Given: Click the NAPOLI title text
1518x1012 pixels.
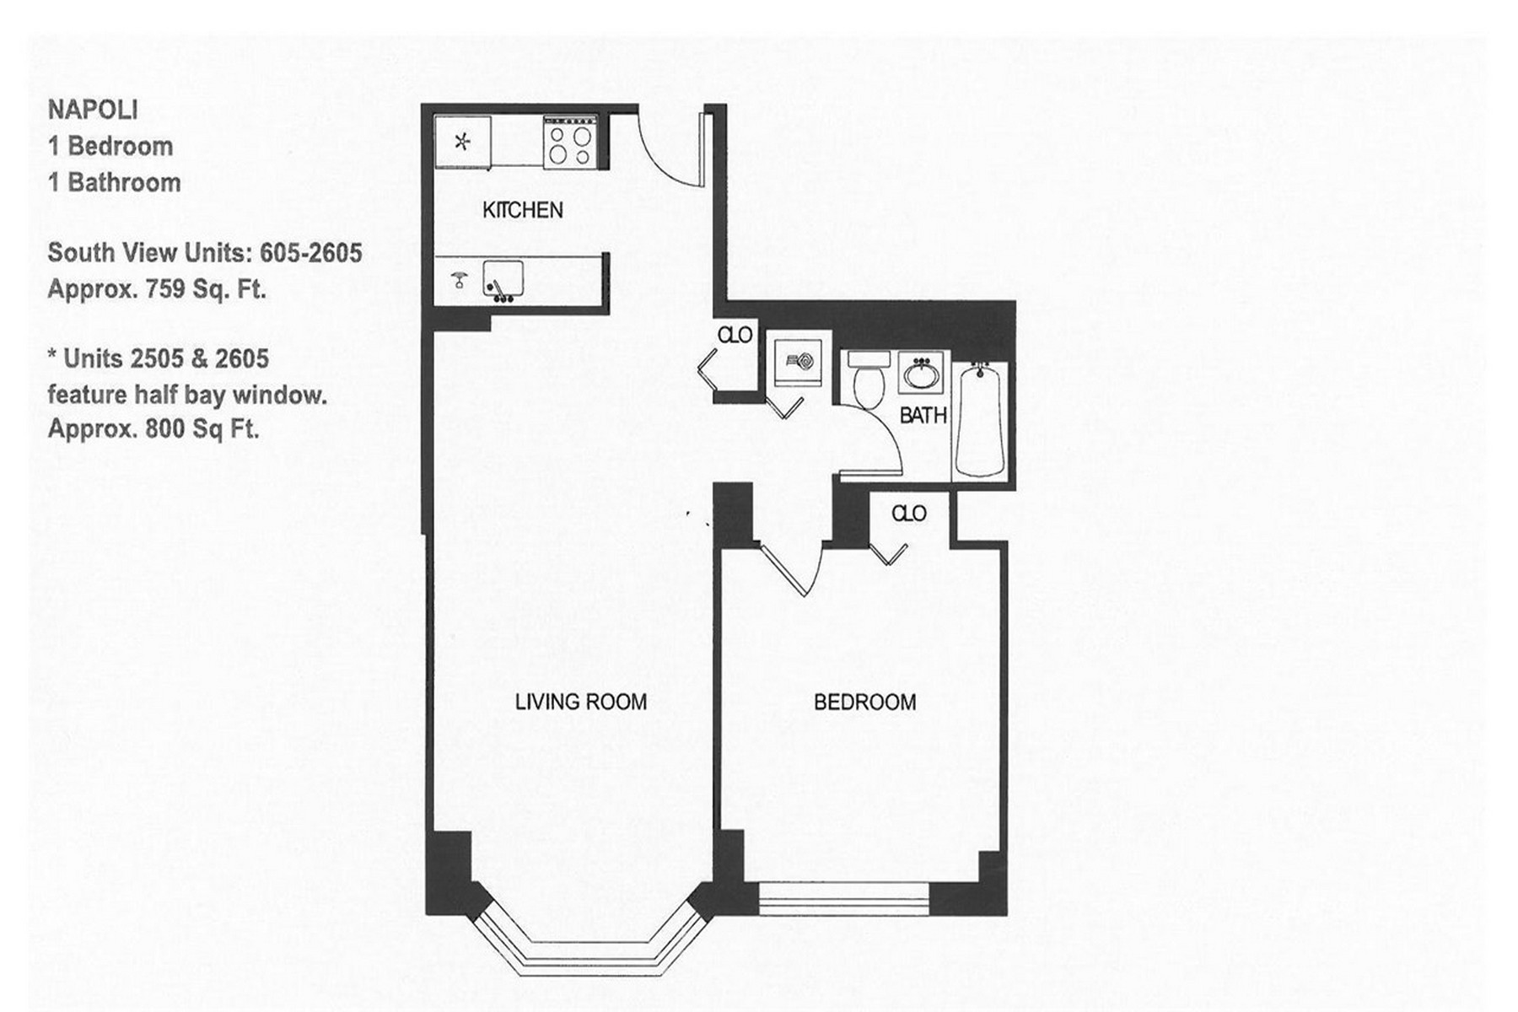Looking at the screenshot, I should pos(93,110).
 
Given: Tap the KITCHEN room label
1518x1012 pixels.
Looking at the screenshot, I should pos(522,210).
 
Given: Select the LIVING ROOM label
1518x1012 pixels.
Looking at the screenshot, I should pos(581,702).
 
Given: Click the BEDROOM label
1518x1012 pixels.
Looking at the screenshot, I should pos(864,702).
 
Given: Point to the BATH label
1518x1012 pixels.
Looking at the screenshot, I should pos(923,416).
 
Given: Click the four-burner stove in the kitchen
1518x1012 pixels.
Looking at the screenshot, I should pos(569,144).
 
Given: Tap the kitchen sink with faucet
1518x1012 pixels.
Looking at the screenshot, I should pos(503,280).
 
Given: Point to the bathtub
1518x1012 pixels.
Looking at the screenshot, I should pos(981,419).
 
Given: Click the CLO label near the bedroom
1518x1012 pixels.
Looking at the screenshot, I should pos(908,514).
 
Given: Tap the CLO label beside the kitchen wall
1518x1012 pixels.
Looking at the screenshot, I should pos(735,336).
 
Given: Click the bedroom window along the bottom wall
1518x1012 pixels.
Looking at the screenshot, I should pos(843,898).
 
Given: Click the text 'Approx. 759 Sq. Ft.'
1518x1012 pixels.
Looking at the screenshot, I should pos(157,289).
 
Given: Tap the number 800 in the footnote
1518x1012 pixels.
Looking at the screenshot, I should pos(165,429).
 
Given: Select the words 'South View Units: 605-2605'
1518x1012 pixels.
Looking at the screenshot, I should pos(205,253).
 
